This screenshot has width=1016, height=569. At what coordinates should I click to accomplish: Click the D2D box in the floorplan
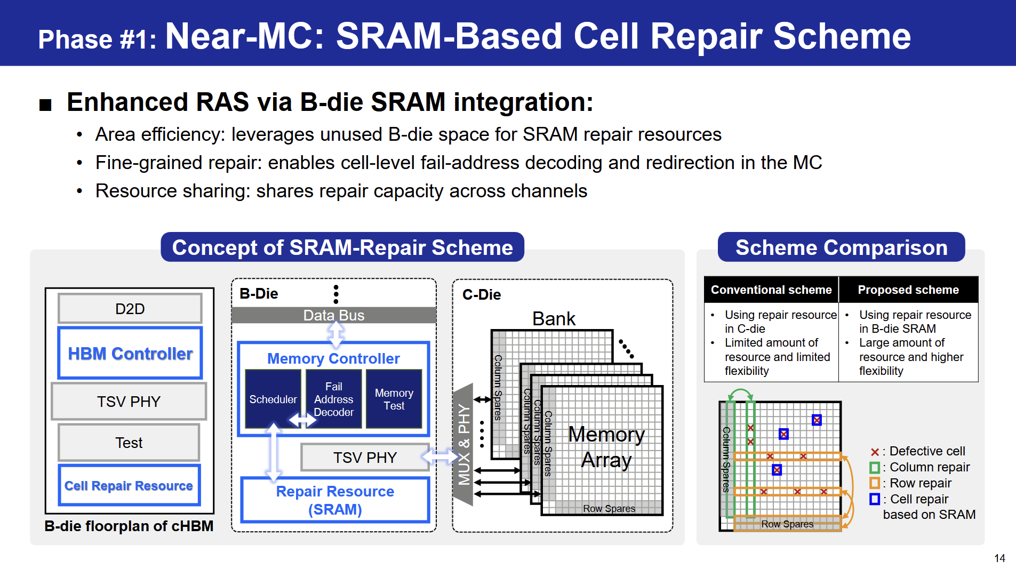(130, 308)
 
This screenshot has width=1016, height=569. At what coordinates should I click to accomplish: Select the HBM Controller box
(130, 353)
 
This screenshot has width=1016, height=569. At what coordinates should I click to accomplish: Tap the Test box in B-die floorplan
(129, 442)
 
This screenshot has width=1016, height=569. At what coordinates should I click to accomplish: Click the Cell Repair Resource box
(129, 485)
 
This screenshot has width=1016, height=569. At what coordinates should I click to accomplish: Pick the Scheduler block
(273, 399)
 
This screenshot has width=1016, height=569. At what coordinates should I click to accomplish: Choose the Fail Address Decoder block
(334, 399)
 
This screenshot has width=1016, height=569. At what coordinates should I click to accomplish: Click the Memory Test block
(394, 399)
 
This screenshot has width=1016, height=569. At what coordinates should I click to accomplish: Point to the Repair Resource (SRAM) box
(335, 500)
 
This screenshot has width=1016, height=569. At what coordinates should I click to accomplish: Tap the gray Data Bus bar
(334, 315)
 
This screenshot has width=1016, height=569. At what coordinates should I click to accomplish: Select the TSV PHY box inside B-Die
(365, 457)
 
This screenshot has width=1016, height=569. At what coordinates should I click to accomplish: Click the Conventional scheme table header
(771, 290)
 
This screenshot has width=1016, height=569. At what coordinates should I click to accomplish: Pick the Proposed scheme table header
(908, 290)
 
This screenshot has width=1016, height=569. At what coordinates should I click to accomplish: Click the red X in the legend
(875, 452)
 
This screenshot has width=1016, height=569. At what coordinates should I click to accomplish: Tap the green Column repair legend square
(875, 468)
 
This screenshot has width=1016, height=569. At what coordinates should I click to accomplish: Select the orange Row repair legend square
(875, 483)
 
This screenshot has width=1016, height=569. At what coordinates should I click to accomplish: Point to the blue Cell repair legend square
(875, 499)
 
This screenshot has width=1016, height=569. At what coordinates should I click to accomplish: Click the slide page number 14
(999, 558)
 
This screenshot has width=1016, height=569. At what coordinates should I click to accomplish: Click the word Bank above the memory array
(554, 318)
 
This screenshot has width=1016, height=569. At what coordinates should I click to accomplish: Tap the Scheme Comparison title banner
(841, 247)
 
